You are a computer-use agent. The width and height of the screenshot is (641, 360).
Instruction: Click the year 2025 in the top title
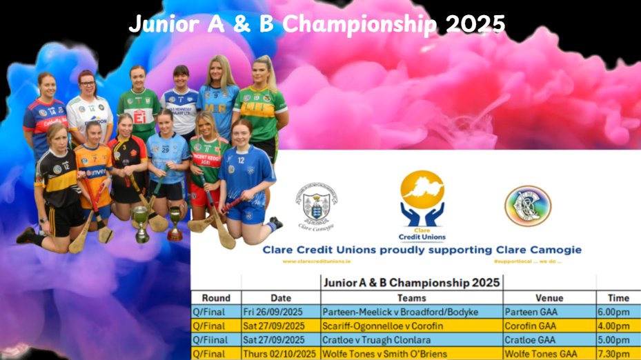pyautogui.click(x=475, y=24)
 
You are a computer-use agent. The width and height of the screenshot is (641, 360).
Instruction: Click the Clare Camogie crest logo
pyautogui.click(x=316, y=203)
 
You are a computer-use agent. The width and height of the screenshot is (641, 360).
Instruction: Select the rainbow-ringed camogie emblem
pyautogui.click(x=527, y=206)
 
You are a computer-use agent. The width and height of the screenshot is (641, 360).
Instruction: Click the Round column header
pyautogui.click(x=216, y=298)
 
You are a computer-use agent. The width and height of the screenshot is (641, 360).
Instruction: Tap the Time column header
pyautogui.click(x=618, y=298)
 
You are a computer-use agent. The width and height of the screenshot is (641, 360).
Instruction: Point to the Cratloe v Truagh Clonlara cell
pyautogui.click(x=376, y=339)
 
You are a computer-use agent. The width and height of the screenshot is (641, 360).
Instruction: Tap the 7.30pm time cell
pyautogui.click(x=614, y=353)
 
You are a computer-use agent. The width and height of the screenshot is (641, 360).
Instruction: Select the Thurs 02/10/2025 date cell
pyautogui.click(x=279, y=353)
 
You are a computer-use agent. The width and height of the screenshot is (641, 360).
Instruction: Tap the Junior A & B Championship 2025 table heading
pyautogui.click(x=411, y=282)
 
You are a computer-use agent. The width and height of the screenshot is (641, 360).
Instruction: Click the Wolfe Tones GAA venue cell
pyautogui.click(x=541, y=353)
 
